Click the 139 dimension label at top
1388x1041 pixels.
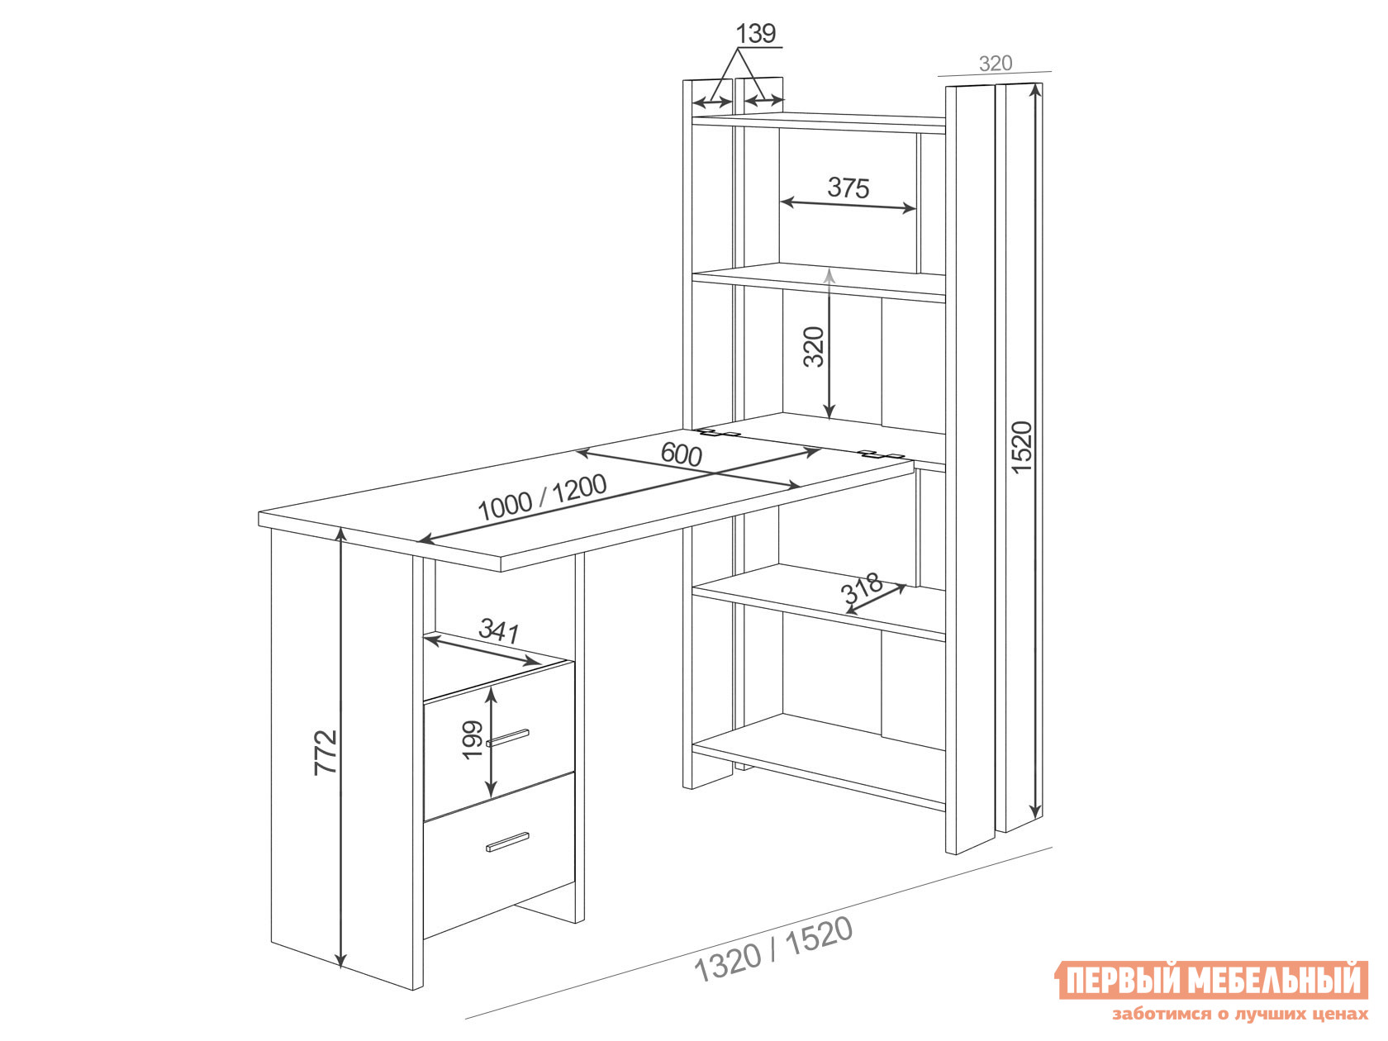(756, 34)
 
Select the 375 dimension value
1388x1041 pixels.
(848, 188)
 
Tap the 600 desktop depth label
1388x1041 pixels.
(681, 454)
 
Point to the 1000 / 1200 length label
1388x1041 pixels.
(542, 497)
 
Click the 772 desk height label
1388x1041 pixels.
(326, 752)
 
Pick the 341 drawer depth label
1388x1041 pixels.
(499, 630)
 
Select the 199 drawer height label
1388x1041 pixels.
(473, 739)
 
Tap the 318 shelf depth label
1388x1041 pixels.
(861, 587)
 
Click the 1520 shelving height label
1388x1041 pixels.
(1021, 447)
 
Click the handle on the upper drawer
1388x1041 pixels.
(507, 738)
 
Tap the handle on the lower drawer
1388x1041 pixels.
(507, 842)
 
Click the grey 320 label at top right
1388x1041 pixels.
(996, 64)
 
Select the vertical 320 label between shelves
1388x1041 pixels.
(814, 346)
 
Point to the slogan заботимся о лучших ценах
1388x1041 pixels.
(1240, 1014)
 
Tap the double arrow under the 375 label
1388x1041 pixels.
(848, 206)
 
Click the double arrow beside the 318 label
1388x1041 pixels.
(876, 599)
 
